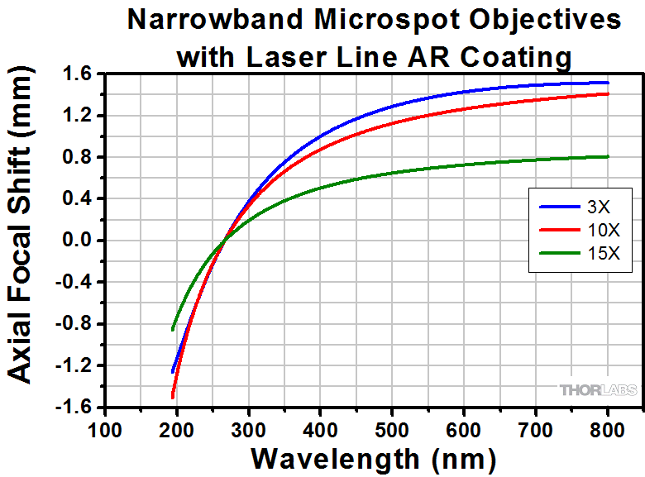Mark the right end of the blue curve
pyautogui.click(x=608, y=83)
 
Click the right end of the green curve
pyautogui.click(x=608, y=156)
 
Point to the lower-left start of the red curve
pyautogui.click(x=173, y=397)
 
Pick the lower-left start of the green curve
pyautogui.click(x=173, y=329)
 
